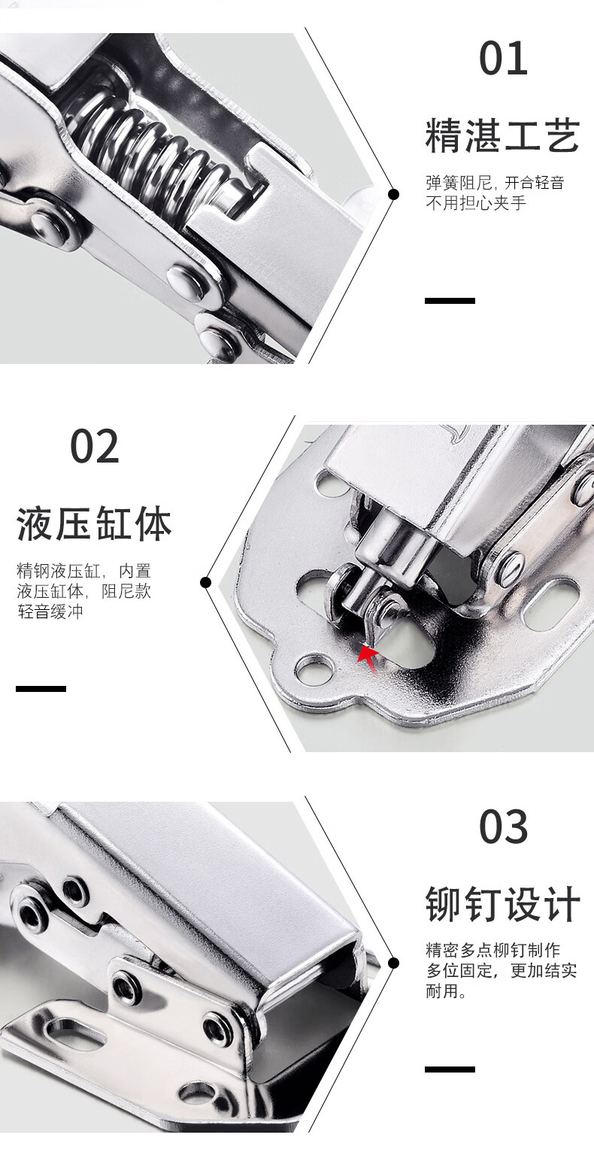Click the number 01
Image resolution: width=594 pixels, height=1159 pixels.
point(504,58)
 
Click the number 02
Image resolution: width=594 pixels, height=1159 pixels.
point(95,446)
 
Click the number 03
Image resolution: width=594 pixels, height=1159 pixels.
point(504,826)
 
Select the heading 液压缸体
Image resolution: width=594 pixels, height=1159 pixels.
point(94,523)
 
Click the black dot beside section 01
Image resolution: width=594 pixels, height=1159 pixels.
point(394,194)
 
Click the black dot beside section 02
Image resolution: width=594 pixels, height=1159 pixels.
point(206,583)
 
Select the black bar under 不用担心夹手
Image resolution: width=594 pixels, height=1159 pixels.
point(450,301)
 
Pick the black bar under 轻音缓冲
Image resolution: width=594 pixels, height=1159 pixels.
point(41,689)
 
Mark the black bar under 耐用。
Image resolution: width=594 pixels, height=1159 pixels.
point(450,1069)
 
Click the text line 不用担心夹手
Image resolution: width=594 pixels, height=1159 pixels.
point(476,203)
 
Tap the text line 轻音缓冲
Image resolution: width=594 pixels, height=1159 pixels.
point(50,611)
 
